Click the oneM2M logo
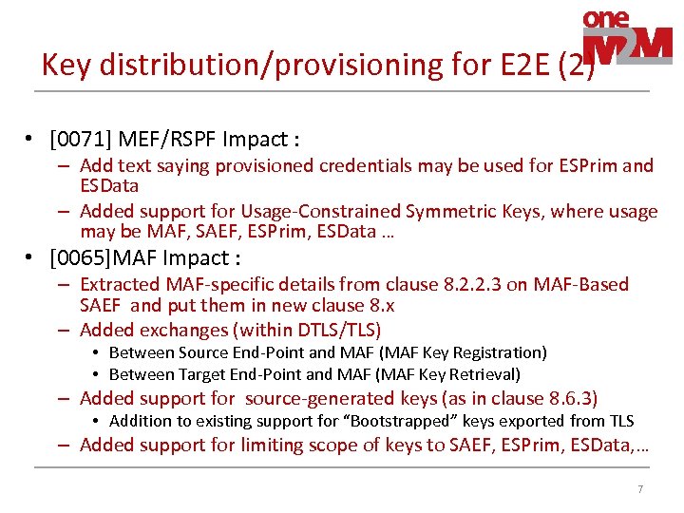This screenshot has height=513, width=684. [626, 37]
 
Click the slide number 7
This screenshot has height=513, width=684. [640, 489]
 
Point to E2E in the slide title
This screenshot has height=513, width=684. [526, 65]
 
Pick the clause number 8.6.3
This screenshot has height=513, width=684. [566, 399]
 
